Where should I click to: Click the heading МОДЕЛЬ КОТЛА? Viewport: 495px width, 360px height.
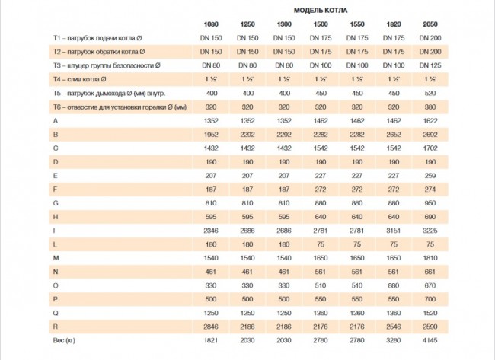pos(321,11)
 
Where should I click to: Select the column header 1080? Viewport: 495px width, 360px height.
pos(211,24)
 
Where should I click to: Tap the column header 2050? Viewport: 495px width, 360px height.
pos(430,24)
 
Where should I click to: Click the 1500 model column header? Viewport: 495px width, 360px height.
pos(321,24)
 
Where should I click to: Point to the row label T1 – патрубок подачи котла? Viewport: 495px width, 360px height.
pos(97,38)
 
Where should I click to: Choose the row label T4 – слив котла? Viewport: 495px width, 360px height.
pos(79,79)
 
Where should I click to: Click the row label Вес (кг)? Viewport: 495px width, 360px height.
pos(64,340)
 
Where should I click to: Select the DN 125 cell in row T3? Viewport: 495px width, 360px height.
pos(430,65)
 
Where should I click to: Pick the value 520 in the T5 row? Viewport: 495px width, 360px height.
pos(430,93)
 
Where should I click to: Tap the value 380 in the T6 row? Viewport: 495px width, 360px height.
pos(430,107)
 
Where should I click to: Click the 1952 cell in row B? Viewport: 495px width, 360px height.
pos(211,135)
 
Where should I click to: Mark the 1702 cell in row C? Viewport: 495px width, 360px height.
pos(430,148)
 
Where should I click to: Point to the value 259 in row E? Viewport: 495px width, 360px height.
pos(430,176)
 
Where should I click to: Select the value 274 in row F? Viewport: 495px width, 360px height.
pos(430,190)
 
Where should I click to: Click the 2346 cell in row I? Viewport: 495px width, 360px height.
pos(211,231)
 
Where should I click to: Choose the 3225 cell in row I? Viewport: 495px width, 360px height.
pos(430,231)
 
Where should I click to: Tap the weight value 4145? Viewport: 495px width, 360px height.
pos(430,340)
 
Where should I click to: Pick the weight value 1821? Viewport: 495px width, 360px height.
pos(211,340)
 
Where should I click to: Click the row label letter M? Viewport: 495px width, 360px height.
pos(56,258)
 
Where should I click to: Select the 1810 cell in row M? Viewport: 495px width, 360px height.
pos(430,258)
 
